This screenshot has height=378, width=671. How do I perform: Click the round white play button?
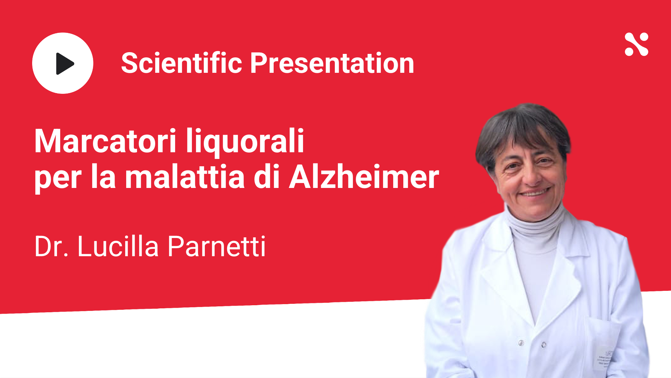(63, 63)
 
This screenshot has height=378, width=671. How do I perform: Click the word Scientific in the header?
(182, 63)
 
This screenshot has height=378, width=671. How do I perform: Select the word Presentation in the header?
(332, 63)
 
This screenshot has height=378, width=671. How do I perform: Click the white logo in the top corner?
(636, 44)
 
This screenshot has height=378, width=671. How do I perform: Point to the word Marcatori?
(105, 141)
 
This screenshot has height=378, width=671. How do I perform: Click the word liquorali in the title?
(245, 142)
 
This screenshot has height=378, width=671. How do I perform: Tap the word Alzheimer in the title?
(364, 177)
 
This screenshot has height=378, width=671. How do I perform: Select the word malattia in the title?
(185, 177)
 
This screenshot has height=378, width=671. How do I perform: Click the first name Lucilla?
(118, 246)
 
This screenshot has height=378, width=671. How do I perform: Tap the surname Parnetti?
(217, 246)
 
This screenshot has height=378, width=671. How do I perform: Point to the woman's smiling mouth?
(534, 192)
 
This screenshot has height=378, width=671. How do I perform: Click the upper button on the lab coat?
(521, 343)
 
